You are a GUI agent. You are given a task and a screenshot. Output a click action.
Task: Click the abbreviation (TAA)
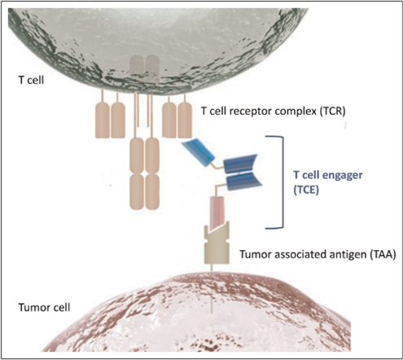click(x=379, y=254)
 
